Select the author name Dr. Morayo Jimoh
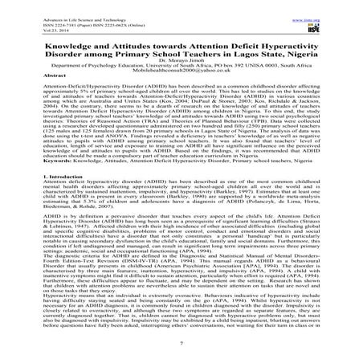point(181,58)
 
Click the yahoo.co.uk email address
point(181,71)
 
